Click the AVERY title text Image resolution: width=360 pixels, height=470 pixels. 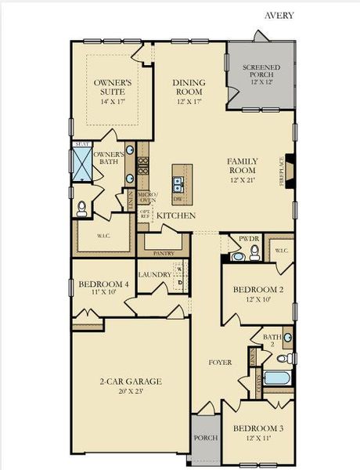click(279, 15)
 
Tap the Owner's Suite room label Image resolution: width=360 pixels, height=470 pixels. click(112, 87)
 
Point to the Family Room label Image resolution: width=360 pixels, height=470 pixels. click(242, 170)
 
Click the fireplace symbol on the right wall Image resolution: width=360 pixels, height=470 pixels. click(290, 171)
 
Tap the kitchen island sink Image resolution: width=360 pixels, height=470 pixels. click(179, 185)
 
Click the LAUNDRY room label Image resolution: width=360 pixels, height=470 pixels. click(154, 275)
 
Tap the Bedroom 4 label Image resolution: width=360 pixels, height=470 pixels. click(98, 287)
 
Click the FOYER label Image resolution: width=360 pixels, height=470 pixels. click(220, 363)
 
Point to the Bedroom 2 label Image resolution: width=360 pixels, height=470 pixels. click(257, 295)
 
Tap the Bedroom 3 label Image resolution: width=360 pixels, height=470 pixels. click(257, 433)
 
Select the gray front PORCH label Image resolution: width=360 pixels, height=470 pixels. click(205, 438)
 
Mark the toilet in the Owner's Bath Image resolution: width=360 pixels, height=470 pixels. click(83, 208)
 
